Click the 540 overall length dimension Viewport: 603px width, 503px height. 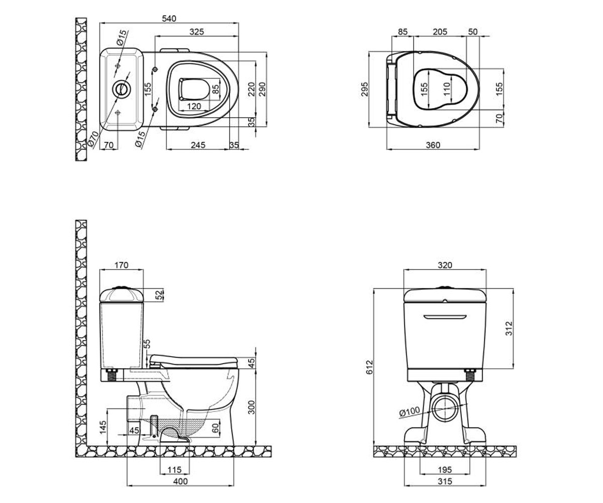click(169, 19)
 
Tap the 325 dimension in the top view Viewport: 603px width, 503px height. click(196, 32)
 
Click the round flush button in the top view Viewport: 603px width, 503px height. click(122, 89)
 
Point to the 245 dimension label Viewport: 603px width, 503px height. click(198, 145)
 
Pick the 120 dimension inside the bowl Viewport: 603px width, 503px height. click(194, 106)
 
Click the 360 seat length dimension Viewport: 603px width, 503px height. click(433, 145)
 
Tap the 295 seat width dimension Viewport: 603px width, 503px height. click(364, 90)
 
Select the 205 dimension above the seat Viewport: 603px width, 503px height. click(440, 32)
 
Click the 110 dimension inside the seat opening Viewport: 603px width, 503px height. click(447, 90)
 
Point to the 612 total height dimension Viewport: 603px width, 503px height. click(369, 367)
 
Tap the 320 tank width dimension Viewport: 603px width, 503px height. click(445, 265)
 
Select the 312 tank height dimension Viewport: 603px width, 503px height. click(509, 328)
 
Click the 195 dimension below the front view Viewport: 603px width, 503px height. click(445, 470)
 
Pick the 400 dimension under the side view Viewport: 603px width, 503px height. click(180, 481)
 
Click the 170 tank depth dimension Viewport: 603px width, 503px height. click(121, 265)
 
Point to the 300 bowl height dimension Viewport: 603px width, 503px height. click(252, 407)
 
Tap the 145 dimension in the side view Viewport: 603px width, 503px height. click(103, 428)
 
